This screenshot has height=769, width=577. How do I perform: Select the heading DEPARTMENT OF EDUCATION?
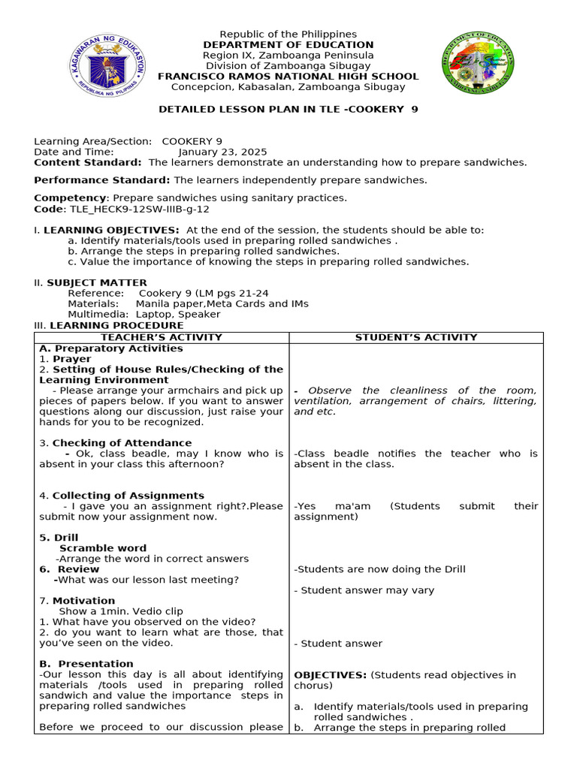click(x=288, y=45)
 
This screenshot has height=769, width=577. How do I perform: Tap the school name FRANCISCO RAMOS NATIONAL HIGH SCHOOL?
click(x=288, y=77)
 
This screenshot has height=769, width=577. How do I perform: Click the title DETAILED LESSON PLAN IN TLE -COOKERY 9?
click(x=288, y=110)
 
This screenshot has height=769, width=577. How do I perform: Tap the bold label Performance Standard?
click(x=102, y=180)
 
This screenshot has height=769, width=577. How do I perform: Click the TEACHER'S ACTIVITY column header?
click(x=162, y=338)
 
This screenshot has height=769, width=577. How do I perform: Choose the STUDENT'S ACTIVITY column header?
click(x=415, y=338)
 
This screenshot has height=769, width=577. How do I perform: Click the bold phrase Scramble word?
click(x=103, y=548)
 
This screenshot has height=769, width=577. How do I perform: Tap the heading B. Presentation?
click(x=86, y=664)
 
